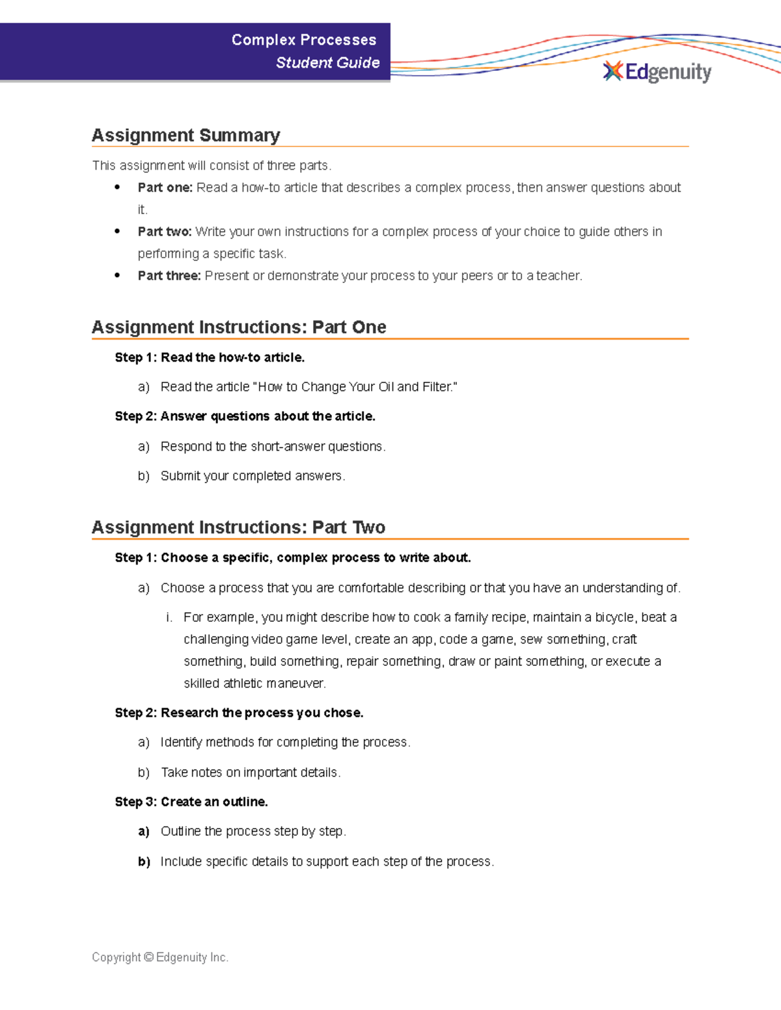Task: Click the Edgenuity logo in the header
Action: tap(657, 72)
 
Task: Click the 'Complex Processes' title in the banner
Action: tap(304, 40)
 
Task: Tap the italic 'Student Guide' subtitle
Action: tap(327, 62)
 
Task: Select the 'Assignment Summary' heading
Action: tap(185, 135)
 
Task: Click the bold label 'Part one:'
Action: tap(165, 188)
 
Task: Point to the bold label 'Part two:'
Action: tap(164, 232)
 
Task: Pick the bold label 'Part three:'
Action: tap(169, 276)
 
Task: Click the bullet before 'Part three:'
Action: tap(117, 275)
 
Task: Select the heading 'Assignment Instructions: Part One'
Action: tap(239, 327)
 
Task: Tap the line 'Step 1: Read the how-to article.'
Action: tap(210, 358)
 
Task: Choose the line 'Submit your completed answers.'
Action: tap(253, 476)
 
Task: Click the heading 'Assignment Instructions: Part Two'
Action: tap(238, 527)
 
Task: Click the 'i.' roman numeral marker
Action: tap(169, 617)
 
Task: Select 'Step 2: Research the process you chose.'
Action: tap(239, 713)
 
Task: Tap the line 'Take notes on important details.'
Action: tap(251, 773)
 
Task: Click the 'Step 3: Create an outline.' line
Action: tap(191, 802)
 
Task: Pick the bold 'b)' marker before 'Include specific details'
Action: tap(144, 862)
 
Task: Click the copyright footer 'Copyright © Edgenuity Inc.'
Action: tap(160, 957)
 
